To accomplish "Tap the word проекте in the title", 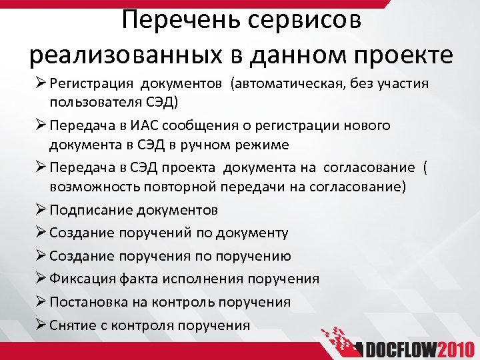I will tap(403, 54).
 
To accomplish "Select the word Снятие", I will tap(70, 325).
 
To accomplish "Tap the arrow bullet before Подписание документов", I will tap(37, 210).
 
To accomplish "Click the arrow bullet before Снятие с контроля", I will tap(37, 325).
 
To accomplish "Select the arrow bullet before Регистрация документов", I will tap(37, 85).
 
